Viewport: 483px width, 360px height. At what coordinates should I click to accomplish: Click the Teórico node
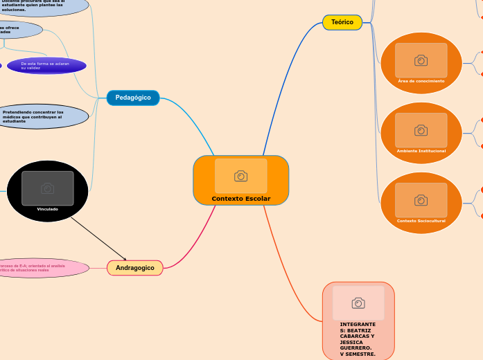342,22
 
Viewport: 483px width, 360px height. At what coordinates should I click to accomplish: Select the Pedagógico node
133,98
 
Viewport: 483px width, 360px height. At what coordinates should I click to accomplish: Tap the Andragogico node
135,267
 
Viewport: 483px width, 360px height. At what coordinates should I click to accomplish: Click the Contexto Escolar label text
241,199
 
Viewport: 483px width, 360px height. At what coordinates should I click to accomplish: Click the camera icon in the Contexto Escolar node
240,176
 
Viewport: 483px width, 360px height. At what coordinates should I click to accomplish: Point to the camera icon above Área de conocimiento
421,60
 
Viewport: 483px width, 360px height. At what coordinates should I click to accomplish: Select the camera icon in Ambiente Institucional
421,130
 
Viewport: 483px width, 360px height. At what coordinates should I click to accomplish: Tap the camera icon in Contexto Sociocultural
421,200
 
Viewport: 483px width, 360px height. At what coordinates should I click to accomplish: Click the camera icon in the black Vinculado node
47,188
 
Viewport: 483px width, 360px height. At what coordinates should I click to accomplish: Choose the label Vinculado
47,209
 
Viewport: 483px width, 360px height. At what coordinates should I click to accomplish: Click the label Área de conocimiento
421,81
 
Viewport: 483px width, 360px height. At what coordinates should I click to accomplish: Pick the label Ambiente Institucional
421,150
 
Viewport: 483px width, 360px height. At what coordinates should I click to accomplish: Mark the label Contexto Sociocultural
421,221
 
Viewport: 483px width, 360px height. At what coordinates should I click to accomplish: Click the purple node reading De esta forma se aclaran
46,66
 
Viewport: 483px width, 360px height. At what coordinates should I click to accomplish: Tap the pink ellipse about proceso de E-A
42,268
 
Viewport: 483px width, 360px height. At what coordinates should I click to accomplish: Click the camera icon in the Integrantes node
358,303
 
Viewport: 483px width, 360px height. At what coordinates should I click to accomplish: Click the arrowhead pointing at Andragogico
125,259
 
